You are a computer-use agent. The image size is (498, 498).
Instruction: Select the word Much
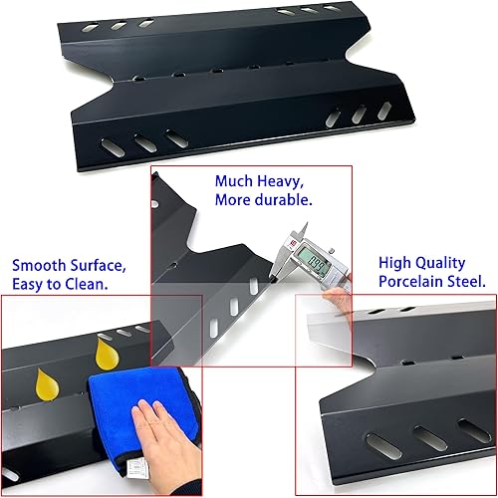point(234,182)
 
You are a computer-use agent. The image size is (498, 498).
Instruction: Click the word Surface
point(99,266)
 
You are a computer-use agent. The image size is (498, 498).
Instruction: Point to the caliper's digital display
point(318,265)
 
